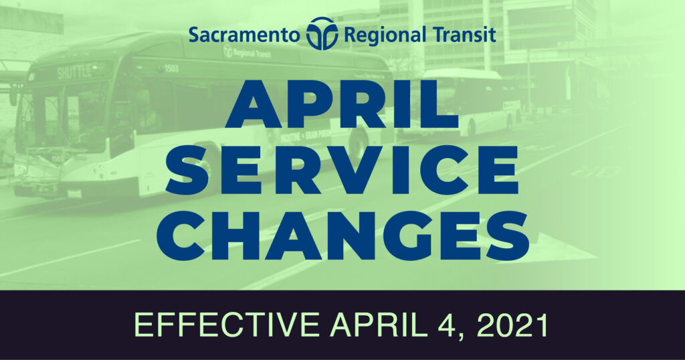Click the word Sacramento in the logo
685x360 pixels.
(x=244, y=35)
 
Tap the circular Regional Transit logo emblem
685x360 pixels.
(x=322, y=33)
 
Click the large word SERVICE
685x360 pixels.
(x=342, y=169)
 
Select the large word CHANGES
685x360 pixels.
(x=343, y=236)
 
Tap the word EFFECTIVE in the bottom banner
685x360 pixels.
(x=226, y=325)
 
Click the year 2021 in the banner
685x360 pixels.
(x=512, y=325)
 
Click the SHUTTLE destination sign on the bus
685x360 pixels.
(x=74, y=72)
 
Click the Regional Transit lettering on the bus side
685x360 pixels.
(x=248, y=53)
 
